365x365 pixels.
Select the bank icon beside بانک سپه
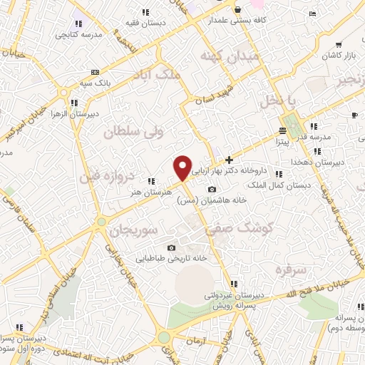click(95, 72)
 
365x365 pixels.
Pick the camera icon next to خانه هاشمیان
click(212, 189)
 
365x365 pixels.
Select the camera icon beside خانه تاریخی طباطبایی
click(171, 247)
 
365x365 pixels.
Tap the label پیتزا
click(287, 142)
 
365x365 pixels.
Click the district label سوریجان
click(128, 230)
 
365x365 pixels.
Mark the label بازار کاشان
click(340, 55)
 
